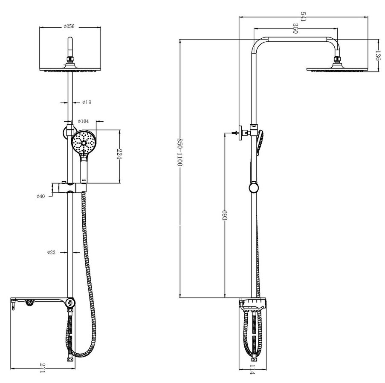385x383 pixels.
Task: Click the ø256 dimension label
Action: (x=69, y=26)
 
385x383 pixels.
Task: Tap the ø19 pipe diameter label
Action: (x=87, y=102)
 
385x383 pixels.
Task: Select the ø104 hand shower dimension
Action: (x=83, y=121)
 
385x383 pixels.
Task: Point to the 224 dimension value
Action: (x=119, y=154)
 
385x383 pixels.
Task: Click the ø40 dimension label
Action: (x=41, y=196)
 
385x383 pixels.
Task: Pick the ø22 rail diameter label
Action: (x=51, y=252)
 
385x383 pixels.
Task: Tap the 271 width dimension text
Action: (x=43, y=368)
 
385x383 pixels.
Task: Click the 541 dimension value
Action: (x=303, y=17)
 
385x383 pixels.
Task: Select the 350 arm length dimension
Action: (x=295, y=29)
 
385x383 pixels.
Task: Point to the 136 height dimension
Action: (x=378, y=56)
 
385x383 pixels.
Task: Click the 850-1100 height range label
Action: (x=180, y=152)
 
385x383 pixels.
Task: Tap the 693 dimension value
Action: (x=224, y=215)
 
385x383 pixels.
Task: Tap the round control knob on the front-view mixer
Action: (x=70, y=303)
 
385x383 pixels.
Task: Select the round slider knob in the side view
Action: (x=254, y=188)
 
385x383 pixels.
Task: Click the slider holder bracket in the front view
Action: (x=69, y=188)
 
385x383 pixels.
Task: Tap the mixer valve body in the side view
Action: (x=253, y=304)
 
